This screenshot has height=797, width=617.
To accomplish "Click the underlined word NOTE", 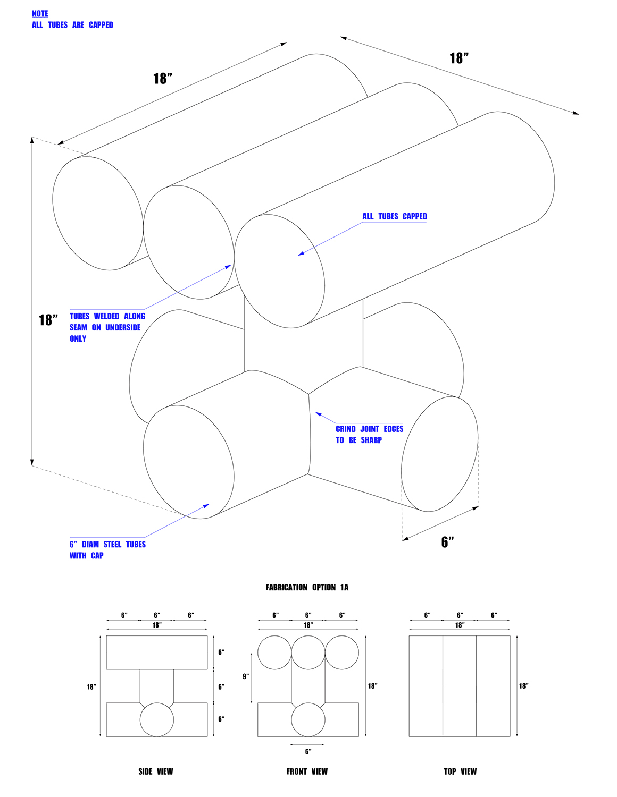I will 40,14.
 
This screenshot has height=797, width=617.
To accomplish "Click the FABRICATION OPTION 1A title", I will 307,587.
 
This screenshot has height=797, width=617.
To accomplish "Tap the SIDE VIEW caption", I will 156,771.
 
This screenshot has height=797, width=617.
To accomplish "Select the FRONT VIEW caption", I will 307,771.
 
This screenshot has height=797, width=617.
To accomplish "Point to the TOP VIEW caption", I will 460,771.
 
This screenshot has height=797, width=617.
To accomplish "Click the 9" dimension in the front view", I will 246,676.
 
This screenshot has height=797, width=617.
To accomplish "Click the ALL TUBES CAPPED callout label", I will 395,216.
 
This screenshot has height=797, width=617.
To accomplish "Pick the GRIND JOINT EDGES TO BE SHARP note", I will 369,434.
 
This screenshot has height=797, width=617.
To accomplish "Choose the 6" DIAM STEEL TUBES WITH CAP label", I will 107,549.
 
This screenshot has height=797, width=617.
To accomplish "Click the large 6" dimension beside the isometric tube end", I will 448,542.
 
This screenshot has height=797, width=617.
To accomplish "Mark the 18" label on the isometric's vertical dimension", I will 48,320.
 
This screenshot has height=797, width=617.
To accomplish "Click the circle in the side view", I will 157,719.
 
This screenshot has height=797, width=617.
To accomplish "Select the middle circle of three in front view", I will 308,652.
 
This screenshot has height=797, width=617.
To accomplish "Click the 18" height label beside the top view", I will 524,686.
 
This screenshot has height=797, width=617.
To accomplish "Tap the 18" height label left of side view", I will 91,687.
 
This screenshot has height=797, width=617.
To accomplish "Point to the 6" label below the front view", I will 307,752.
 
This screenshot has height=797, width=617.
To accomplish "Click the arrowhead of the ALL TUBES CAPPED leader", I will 300,255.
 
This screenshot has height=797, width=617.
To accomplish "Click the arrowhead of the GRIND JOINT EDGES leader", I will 318,413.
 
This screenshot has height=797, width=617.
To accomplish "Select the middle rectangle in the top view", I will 460,686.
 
